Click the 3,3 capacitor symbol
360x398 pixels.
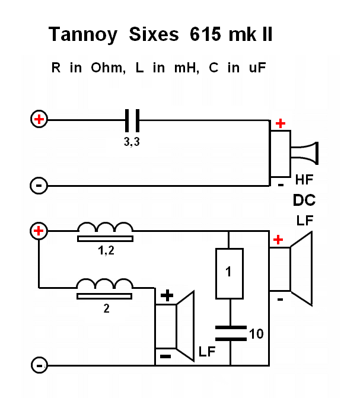click(x=132, y=120)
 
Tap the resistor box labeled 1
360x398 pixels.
click(x=228, y=273)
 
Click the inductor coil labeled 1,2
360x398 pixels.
click(x=106, y=231)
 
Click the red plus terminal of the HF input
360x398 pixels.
click(x=39, y=120)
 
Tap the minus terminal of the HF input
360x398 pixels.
click(x=39, y=186)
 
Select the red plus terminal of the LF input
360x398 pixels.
click(x=39, y=231)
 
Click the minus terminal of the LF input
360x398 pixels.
click(x=39, y=365)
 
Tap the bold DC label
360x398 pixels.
click(x=304, y=200)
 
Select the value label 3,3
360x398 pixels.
click(x=132, y=142)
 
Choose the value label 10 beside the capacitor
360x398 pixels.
click(x=256, y=334)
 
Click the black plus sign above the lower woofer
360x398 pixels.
click(x=168, y=295)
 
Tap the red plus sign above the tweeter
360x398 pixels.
click(x=280, y=123)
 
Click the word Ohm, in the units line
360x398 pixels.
click(x=108, y=68)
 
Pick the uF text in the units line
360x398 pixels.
click(x=257, y=68)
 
